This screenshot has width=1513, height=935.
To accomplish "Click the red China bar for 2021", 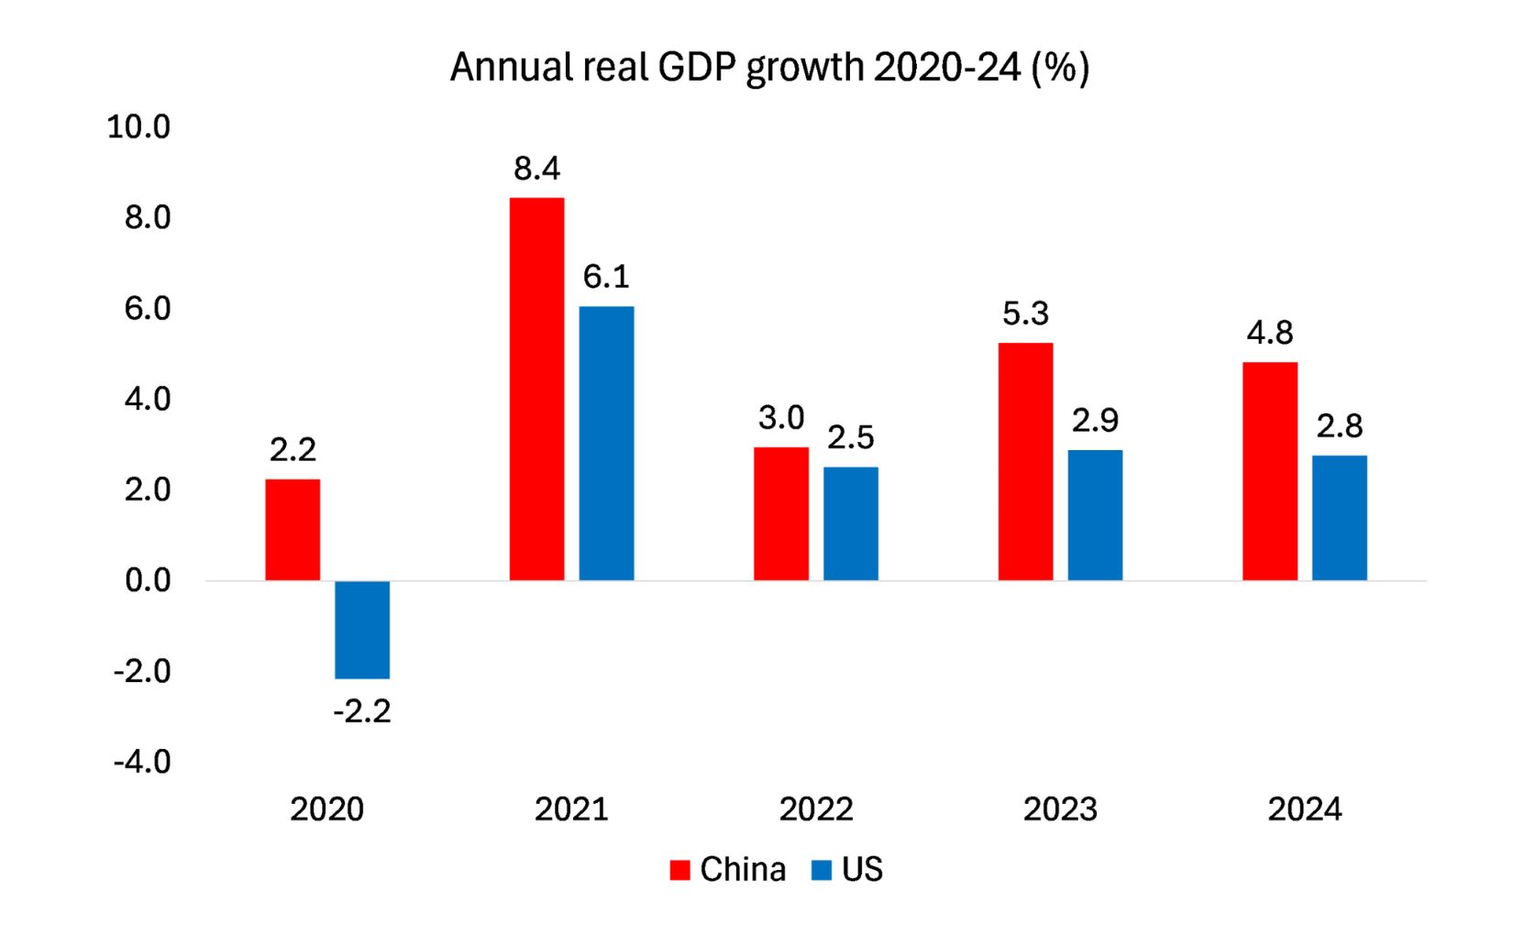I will point(536,389).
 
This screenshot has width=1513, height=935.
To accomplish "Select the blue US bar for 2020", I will point(362,630).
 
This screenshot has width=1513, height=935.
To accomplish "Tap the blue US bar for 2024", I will point(1339,518).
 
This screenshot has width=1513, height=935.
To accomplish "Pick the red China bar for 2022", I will point(781,513).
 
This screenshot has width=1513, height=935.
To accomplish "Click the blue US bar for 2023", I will point(1095,515).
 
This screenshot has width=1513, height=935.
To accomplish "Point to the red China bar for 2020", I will point(293,530).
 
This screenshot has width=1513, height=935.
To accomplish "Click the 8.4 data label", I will point(536,169).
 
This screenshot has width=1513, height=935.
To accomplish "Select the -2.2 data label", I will point(362,711).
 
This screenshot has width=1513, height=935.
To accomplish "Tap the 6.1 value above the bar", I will point(606,277).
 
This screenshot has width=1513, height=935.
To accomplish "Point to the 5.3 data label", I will point(1025,313).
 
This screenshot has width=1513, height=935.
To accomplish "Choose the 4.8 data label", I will point(1270,333).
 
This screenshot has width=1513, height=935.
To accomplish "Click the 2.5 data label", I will point(851,438).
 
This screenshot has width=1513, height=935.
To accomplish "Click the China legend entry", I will point(729,869).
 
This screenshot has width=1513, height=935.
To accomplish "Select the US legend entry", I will point(848,869).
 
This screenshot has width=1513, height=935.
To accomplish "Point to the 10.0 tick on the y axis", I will point(138,126).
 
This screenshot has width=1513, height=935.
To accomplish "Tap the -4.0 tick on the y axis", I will point(142,762).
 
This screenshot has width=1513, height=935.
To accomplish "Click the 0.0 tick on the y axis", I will point(148,580).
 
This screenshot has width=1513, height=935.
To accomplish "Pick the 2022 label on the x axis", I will point(816,809).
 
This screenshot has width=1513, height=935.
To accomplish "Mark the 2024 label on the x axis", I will point(1305,809).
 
